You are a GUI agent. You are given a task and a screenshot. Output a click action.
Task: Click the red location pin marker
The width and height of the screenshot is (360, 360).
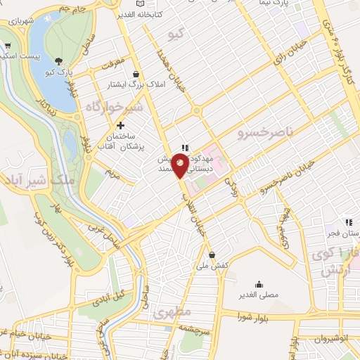[181, 166]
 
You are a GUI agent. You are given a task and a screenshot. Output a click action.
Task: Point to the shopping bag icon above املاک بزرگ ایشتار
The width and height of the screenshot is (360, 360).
[136, 73]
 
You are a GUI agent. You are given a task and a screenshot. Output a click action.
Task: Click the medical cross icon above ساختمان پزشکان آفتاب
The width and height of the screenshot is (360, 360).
[120, 124]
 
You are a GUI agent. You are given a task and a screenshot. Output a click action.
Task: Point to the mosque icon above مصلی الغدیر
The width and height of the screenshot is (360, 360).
[259, 285]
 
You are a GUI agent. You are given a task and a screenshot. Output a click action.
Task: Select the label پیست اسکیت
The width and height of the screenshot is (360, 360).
[17, 54]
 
